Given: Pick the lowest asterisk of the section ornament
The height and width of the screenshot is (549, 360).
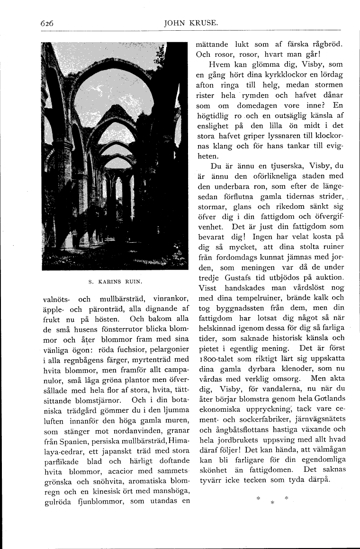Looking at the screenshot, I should (x=272, y=503).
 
